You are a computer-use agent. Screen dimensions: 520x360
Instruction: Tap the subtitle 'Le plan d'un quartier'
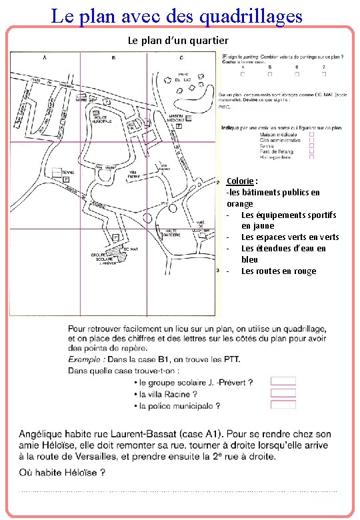pos(178,41)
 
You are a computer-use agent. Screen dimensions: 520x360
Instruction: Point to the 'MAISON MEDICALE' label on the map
pos(176,119)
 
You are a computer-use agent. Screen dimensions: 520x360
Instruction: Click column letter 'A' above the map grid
pos(45,59)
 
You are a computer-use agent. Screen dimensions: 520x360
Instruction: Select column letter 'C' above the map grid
pos(181,59)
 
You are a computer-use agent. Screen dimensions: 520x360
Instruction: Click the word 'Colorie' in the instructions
pos(239,181)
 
